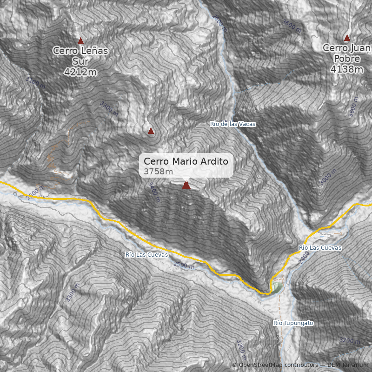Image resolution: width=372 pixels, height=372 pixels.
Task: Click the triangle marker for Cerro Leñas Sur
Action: point(80,41)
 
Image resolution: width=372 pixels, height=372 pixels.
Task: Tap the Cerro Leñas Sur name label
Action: point(80,55)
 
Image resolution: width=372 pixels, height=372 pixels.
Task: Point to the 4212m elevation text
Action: point(80,72)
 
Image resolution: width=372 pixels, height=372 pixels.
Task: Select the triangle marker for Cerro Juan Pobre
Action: point(347,38)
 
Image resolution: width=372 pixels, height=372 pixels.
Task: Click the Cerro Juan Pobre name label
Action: point(347,53)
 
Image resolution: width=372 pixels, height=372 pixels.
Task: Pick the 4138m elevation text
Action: point(347,69)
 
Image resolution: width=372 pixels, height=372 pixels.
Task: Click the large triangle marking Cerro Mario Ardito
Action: point(186,186)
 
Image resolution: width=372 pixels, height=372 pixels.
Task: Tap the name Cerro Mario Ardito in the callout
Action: point(186,161)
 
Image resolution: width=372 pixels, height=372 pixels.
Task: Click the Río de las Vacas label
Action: point(232,124)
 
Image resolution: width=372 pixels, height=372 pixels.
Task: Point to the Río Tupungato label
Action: point(293,323)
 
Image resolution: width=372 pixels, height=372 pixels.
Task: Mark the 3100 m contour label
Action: point(36,82)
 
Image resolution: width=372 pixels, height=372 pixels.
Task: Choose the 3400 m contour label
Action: point(154,191)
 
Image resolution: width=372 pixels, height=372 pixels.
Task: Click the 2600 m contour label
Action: point(35,193)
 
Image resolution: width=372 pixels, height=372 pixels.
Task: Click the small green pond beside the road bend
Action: point(277,287)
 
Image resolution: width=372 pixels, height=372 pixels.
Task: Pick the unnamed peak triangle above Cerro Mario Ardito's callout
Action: point(151,131)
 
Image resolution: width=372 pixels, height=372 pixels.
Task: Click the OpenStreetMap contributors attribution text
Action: point(275,365)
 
